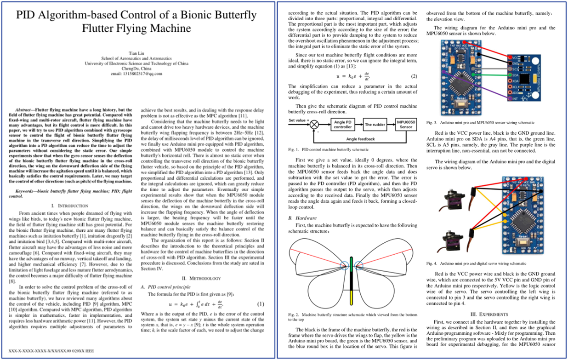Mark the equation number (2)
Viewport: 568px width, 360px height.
[x=414, y=76]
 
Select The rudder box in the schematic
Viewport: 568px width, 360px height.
[x=375, y=125]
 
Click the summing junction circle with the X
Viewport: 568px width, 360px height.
[x=314, y=124]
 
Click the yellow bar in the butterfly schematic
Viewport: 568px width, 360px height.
[x=352, y=297]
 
